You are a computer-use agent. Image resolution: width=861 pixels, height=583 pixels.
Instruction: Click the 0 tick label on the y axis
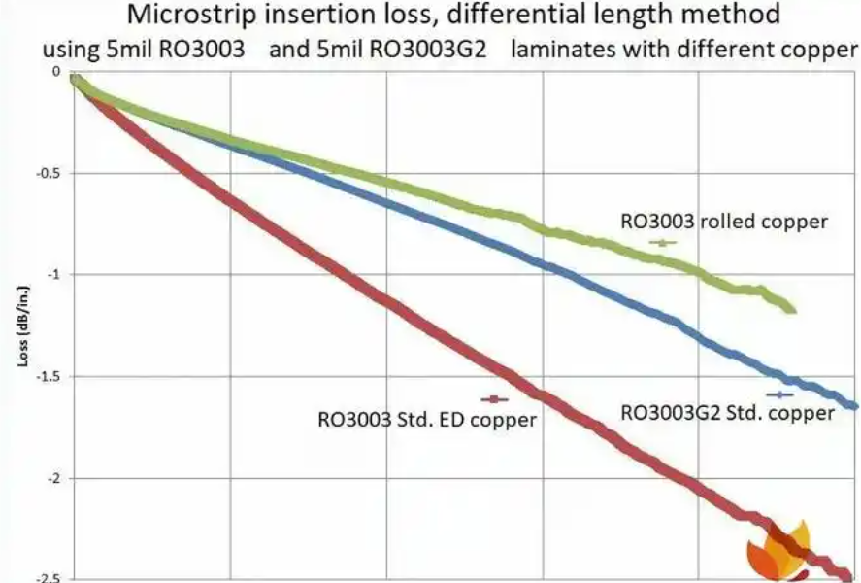(x=57, y=73)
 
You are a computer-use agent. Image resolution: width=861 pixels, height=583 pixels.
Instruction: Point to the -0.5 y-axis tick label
(x=49, y=174)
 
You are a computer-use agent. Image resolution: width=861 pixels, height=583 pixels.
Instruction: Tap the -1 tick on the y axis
(x=53, y=275)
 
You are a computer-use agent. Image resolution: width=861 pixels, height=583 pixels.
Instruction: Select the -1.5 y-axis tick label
(x=49, y=377)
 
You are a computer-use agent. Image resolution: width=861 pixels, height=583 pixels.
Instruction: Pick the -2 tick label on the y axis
(x=53, y=478)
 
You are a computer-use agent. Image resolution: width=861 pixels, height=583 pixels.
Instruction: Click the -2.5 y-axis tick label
(x=49, y=579)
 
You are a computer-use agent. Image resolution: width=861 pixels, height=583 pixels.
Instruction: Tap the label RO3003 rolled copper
(x=724, y=222)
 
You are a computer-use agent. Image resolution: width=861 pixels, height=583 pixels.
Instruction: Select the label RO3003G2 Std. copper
(x=727, y=413)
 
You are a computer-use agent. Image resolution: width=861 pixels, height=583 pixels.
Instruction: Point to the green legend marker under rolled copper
(x=663, y=243)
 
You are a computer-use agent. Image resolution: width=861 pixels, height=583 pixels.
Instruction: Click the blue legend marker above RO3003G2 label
(x=779, y=394)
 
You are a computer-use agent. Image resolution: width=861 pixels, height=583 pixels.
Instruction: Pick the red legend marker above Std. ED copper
(x=495, y=398)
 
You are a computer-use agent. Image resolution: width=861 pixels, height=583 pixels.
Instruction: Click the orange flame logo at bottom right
(x=779, y=549)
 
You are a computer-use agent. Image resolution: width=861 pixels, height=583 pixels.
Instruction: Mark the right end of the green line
(x=793, y=310)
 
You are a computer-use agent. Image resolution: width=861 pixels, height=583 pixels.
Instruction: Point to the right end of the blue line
(x=855, y=406)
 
